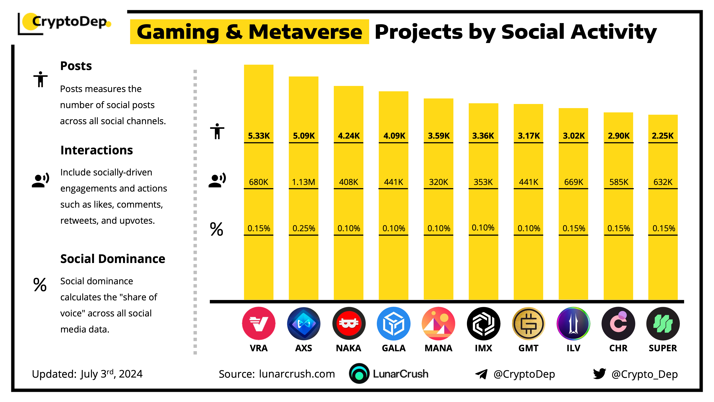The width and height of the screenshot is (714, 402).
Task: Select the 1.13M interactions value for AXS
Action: (303, 182)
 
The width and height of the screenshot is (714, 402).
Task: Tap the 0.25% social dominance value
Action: (304, 228)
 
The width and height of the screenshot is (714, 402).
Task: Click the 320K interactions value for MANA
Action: (439, 182)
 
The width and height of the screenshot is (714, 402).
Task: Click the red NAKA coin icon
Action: (349, 324)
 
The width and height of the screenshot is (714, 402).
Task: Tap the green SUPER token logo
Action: (663, 324)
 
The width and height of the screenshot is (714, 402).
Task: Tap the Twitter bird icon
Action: (599, 374)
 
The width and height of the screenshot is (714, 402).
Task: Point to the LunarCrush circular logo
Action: (359, 373)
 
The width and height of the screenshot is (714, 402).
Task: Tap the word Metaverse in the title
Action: (305, 32)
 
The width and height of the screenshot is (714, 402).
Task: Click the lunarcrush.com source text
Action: (297, 374)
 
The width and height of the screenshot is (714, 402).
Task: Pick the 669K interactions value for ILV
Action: (574, 182)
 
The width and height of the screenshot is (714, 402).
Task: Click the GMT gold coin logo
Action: (528, 324)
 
